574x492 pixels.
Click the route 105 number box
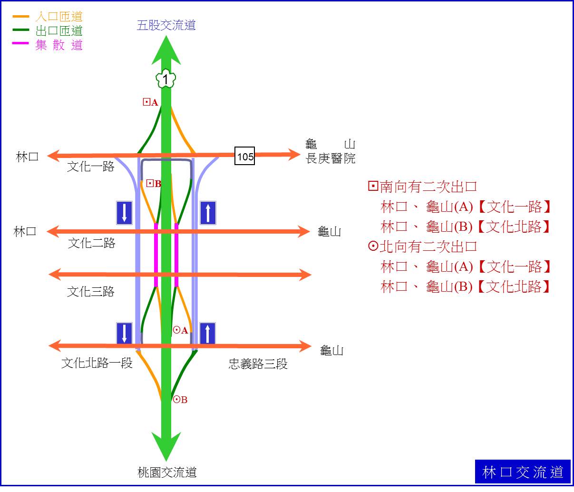click(x=244, y=156)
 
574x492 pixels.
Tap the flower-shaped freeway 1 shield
click(x=166, y=79)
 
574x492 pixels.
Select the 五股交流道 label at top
click(x=166, y=25)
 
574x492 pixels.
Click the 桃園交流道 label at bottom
click(x=167, y=472)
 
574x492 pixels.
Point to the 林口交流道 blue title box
click(x=523, y=472)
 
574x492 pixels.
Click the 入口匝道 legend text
click(x=59, y=17)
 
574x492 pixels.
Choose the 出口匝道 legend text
click(x=59, y=30)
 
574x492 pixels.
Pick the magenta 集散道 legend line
click(x=20, y=43)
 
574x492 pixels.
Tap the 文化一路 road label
click(x=91, y=167)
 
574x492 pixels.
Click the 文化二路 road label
click(x=92, y=243)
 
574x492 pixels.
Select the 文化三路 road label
click(x=91, y=291)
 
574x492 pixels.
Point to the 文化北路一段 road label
click(x=97, y=363)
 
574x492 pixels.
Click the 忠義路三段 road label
click(x=258, y=364)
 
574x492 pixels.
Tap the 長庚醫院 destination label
click(x=331, y=158)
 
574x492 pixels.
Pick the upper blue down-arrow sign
click(x=124, y=213)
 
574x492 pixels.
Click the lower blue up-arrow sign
click(x=207, y=333)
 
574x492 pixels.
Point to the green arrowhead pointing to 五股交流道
click(x=166, y=50)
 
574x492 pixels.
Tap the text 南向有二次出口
click(x=428, y=187)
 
